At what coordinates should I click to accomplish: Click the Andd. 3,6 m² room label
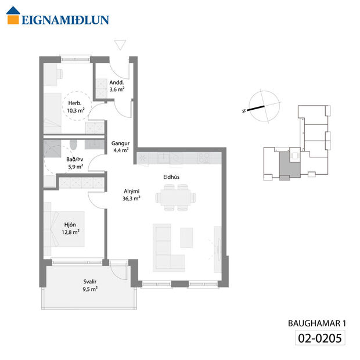click(x=117, y=86)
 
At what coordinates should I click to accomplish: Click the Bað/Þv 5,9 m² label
click(x=75, y=163)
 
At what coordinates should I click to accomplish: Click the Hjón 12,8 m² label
click(x=71, y=228)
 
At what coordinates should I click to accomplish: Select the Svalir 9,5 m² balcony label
click(x=90, y=288)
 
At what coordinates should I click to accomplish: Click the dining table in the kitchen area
click(x=175, y=197)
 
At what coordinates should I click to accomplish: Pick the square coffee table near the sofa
click(x=186, y=237)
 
